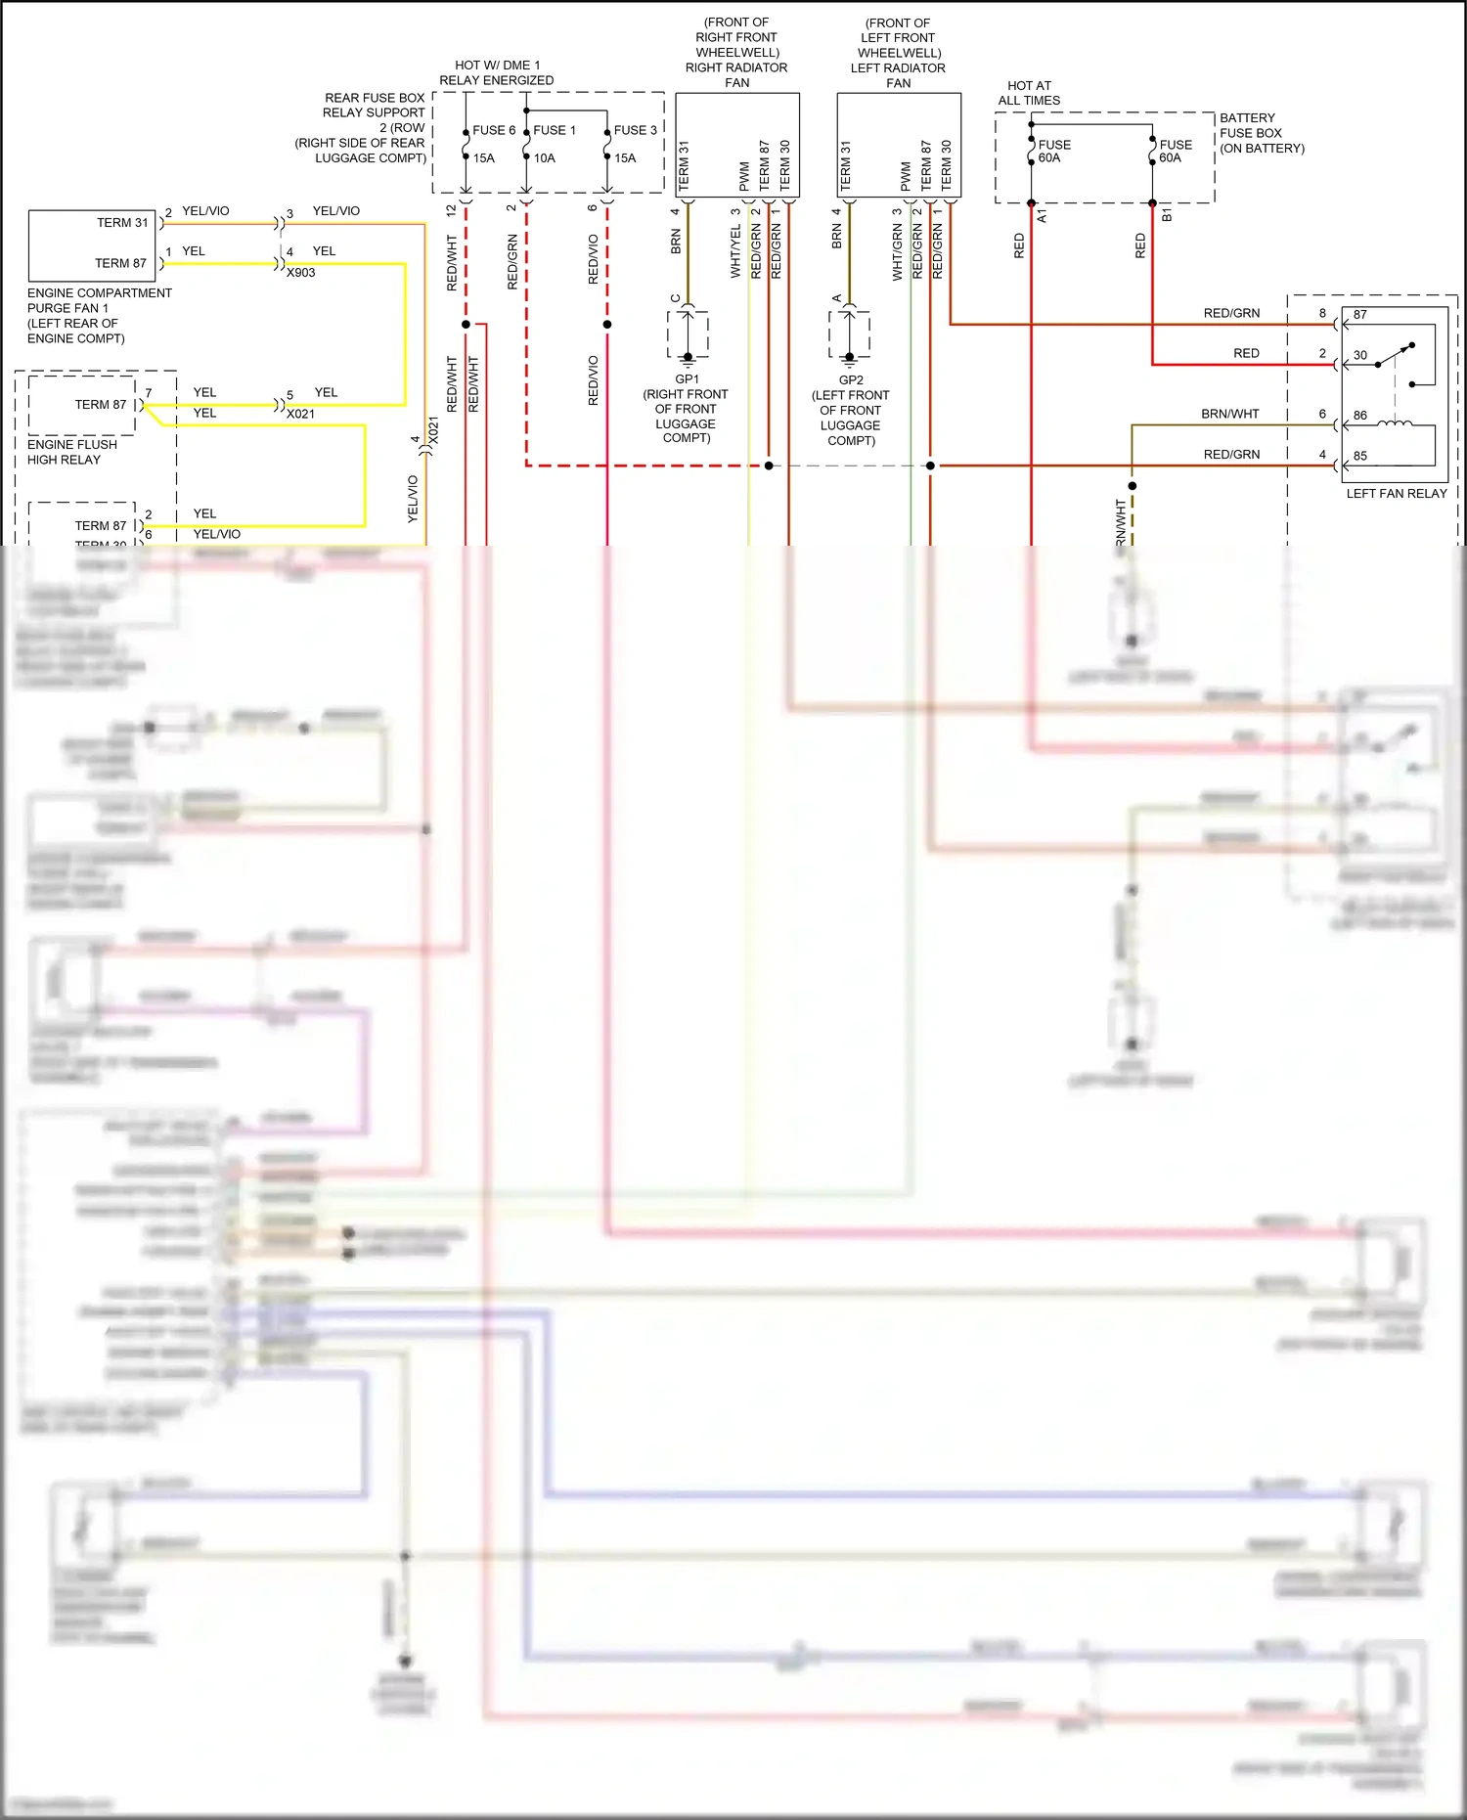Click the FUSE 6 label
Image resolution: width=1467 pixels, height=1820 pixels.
point(493,130)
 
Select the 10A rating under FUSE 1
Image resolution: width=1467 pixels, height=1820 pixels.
point(544,158)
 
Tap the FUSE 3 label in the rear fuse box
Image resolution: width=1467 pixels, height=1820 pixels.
point(635,130)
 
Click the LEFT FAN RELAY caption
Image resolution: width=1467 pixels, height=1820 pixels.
point(1396,494)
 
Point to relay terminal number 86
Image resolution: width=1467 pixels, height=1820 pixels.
point(1359,416)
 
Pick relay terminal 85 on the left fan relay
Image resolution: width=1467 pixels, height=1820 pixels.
point(1359,456)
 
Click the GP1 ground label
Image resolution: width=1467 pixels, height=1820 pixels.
point(687,379)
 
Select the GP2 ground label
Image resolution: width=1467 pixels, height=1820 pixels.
point(850,380)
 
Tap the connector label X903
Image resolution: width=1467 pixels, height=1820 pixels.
point(300,273)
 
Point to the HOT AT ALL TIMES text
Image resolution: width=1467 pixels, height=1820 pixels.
point(1029,93)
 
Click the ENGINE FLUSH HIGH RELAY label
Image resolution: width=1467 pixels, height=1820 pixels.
point(71,452)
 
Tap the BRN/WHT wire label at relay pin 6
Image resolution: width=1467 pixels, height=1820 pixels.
point(1229,415)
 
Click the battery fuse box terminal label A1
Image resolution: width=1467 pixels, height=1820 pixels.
point(1042,216)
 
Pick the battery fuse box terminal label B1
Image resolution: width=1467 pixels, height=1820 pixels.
point(1167,215)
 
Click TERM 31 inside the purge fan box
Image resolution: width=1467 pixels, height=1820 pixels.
point(122,223)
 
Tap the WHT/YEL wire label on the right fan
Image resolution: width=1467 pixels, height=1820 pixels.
point(735,252)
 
